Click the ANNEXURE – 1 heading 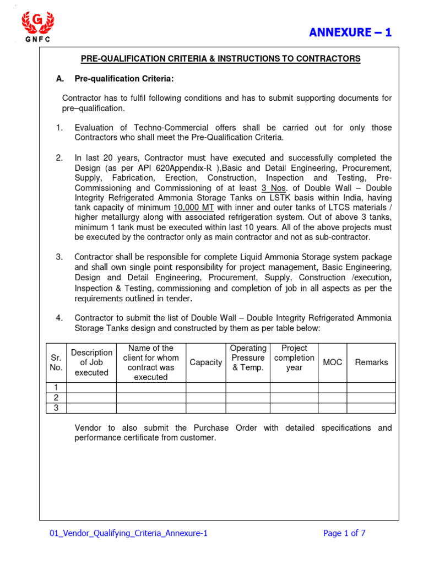click(350, 32)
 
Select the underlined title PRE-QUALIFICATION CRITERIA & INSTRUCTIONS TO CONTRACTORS click(221, 58)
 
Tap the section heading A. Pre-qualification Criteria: click(115, 79)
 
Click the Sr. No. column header click(56, 362)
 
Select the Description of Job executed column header click(91, 362)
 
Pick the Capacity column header click(205, 362)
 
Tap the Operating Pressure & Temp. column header click(248, 358)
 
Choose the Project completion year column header click(294, 358)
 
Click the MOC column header click(332, 362)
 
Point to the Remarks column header click(371, 362)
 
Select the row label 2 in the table click(56, 398)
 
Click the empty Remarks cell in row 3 click(371, 408)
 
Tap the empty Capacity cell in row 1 click(205, 388)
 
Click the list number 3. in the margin click(59, 257)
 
